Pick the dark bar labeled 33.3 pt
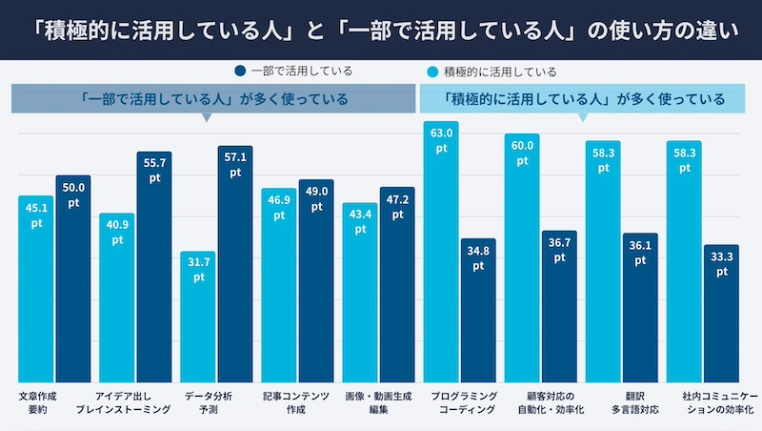click(721, 324)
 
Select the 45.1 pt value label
click(36, 215)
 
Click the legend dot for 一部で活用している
click(241, 71)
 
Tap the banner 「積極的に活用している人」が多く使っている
click(583, 98)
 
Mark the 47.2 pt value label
click(397, 207)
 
